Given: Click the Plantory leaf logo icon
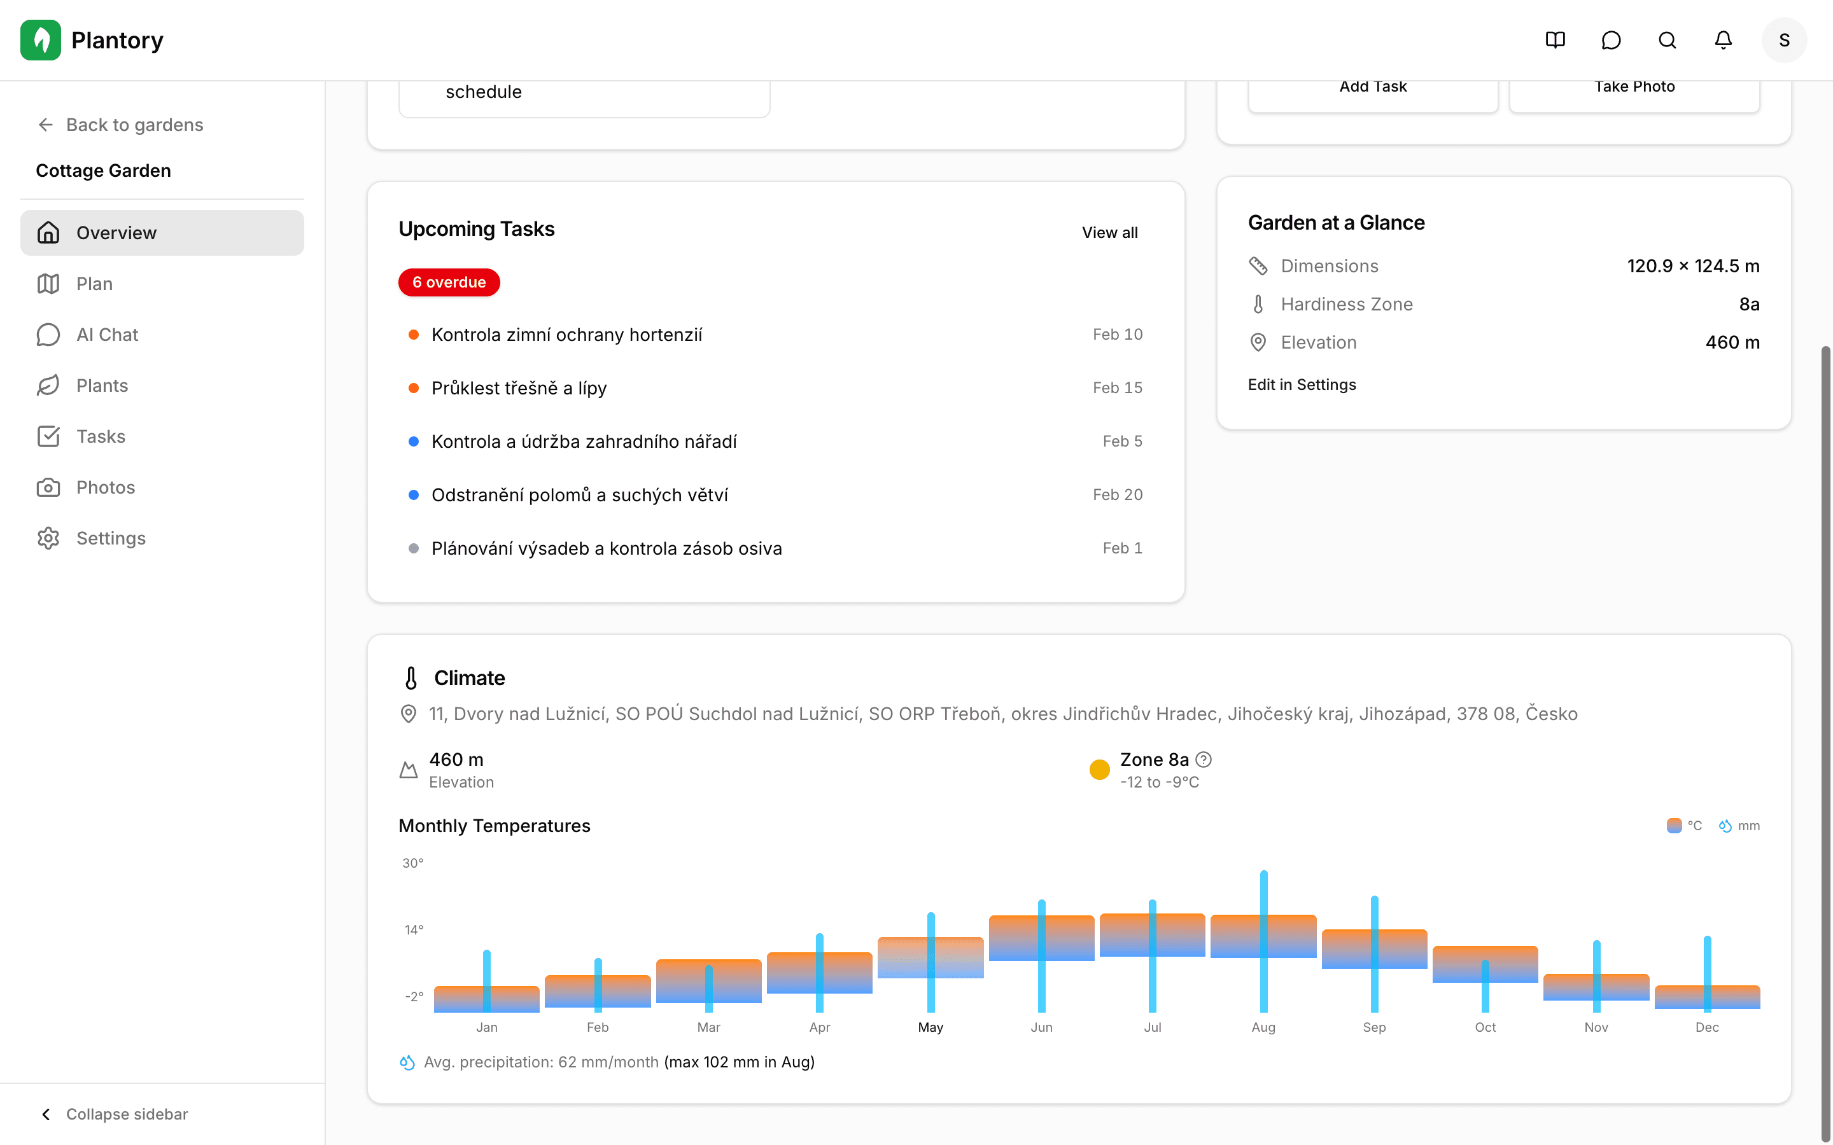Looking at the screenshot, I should coord(41,40).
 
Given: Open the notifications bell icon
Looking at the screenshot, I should coord(1723,40).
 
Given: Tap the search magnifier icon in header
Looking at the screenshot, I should coord(1667,40).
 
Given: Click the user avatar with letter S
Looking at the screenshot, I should coord(1784,40).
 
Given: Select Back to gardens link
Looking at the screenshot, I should coord(120,125).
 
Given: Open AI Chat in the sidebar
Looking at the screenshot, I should coord(107,335).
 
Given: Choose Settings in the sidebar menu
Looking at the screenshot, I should coord(111,538).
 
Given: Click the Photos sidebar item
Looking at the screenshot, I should coord(105,488).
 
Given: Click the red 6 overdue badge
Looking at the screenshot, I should coord(449,282).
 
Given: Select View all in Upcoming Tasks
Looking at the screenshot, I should coord(1109,232).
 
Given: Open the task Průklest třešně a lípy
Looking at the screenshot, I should coord(519,389).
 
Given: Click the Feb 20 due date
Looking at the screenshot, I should coord(1117,494).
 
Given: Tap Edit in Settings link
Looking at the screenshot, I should coord(1302,385).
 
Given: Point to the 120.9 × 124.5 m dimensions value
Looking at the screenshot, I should coord(1693,267).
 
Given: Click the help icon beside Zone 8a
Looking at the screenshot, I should coord(1204,760).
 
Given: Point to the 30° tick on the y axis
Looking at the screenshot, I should coord(413,863).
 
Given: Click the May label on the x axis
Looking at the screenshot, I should coord(930,1027).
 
